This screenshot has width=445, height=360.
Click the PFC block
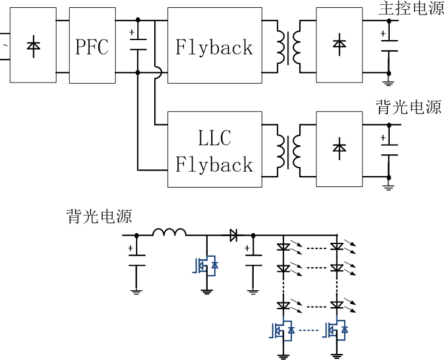point(92,46)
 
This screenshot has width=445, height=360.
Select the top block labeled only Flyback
point(214,46)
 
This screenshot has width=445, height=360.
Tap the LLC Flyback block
point(214,149)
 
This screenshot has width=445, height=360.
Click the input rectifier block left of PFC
point(33,46)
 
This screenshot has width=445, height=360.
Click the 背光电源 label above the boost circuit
point(99,216)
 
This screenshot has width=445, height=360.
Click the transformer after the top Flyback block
point(289,46)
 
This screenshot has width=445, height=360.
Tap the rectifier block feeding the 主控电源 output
point(339,46)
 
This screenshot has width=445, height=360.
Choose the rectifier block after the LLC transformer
point(339,149)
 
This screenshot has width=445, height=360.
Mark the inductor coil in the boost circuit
point(169,232)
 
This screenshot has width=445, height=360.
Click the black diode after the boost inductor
point(234,234)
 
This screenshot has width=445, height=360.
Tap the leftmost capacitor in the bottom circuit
point(136,259)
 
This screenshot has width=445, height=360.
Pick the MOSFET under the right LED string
point(336,330)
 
